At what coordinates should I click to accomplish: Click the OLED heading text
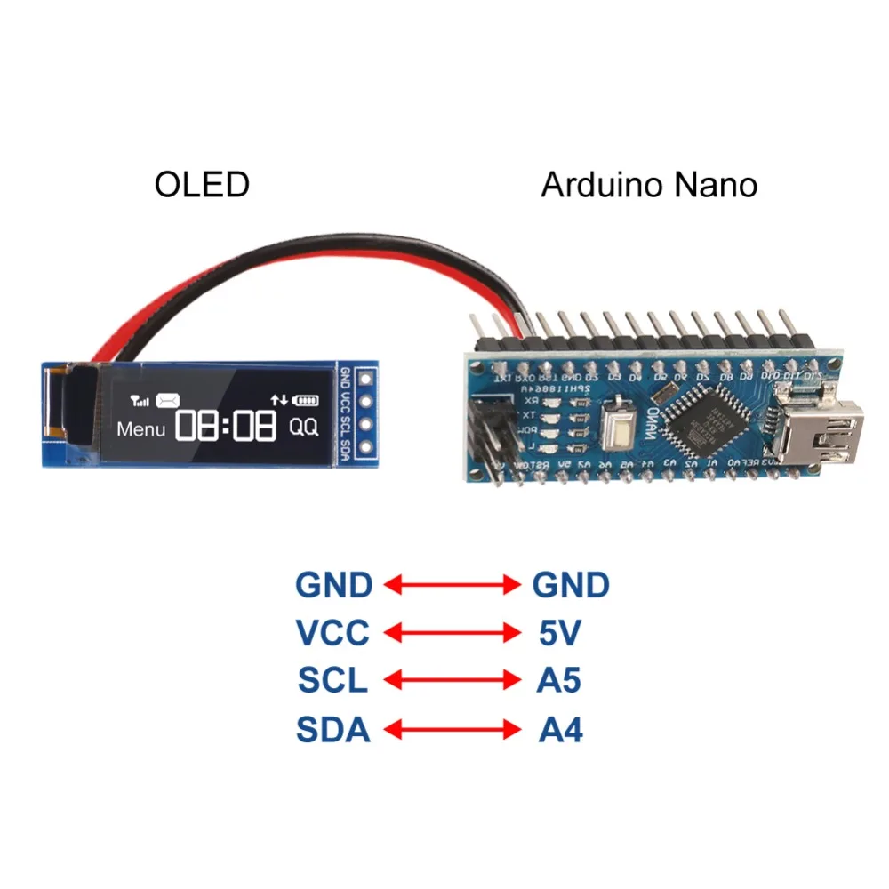202,185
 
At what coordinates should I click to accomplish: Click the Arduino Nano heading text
649,185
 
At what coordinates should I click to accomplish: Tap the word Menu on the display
141,428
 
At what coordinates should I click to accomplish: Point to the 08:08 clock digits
225,427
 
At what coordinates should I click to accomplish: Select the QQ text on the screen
303,427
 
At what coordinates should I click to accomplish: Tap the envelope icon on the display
167,401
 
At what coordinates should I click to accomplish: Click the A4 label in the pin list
560,730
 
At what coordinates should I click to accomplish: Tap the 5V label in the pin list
559,633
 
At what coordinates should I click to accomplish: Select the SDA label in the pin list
332,730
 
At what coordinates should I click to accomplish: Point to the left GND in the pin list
333,585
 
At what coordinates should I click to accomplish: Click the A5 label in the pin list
559,681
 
